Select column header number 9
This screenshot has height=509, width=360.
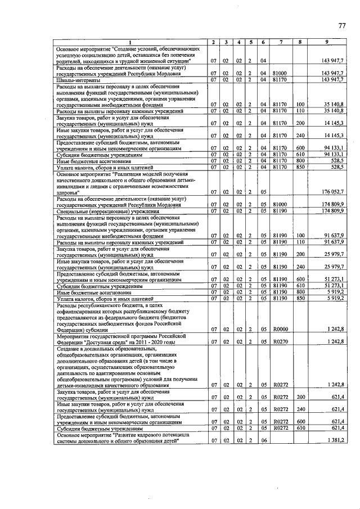(x=327, y=42)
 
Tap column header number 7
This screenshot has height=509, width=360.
(x=280, y=42)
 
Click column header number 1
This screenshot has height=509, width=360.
(x=130, y=42)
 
